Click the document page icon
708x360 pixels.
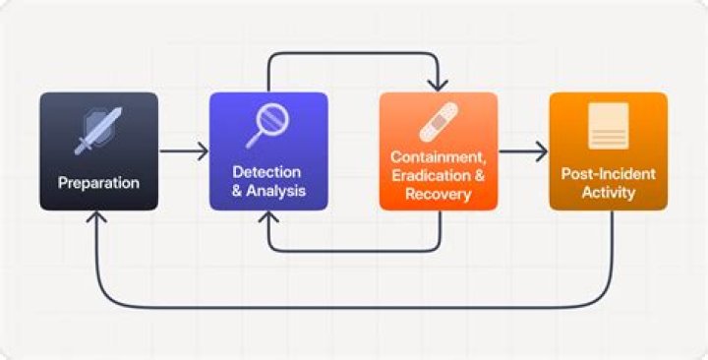[x=608, y=125]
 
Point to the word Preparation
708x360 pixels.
[x=98, y=183]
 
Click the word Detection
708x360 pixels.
[x=266, y=172]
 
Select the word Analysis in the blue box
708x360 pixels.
[x=276, y=191]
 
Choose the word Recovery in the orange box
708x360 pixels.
[x=438, y=195]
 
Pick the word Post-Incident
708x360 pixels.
[x=608, y=174]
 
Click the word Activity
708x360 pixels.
[x=608, y=193]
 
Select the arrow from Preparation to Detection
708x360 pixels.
[x=184, y=151]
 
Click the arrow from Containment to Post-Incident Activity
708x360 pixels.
[x=523, y=151]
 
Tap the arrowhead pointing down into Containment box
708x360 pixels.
[x=438, y=85]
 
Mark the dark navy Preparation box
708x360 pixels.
[x=98, y=151]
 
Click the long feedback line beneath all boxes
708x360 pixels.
[x=354, y=308]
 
